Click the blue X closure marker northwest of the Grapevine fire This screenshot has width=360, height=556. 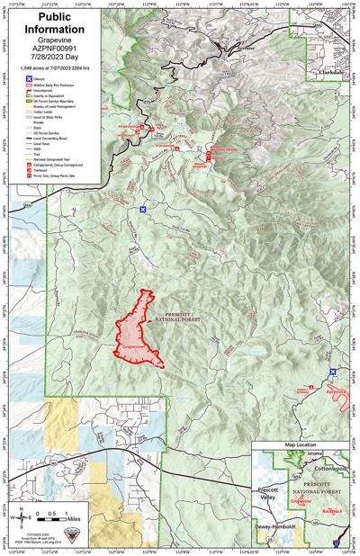point(142,211)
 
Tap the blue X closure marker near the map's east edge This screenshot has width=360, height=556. point(333,372)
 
